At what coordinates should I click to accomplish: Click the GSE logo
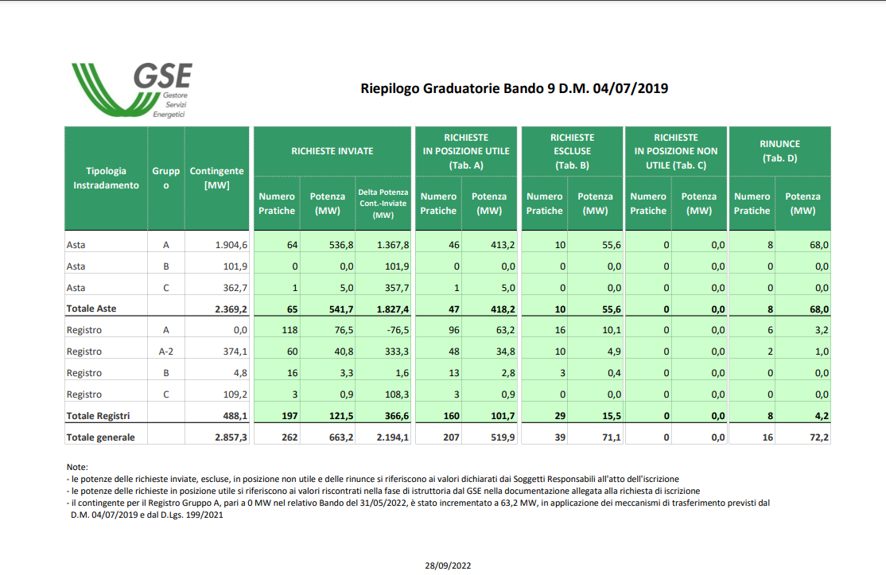pos(132,91)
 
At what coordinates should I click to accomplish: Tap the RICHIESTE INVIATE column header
pos(332,151)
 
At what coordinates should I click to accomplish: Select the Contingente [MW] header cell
pos(217,178)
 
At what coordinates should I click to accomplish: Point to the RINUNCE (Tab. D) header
pos(779,151)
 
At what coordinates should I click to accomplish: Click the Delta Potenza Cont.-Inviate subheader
pos(383,204)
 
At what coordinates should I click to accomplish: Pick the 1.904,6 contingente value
pos(231,245)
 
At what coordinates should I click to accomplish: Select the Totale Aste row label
pos(91,309)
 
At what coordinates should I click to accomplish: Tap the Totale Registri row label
pos(99,416)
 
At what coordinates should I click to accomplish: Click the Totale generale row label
pos(100,437)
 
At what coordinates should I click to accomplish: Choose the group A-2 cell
pos(165,352)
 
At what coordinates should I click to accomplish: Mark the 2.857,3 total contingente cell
pos(231,437)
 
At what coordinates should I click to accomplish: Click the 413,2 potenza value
pos(503,245)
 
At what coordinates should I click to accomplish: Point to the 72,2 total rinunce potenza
pos(818,437)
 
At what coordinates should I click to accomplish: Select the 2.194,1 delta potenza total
pos(393,437)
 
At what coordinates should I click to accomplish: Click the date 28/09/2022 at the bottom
pos(448,565)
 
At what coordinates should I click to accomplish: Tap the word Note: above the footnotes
pos(77,467)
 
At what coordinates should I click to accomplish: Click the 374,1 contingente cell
pos(235,352)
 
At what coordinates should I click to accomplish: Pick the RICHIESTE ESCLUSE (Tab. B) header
pos(573,151)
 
